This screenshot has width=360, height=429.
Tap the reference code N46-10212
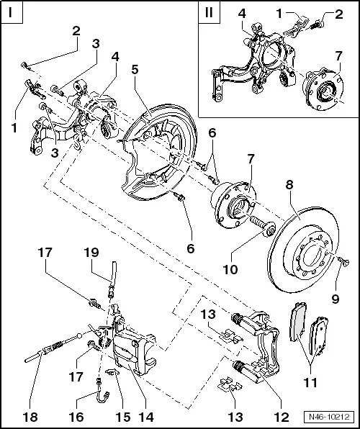pyautogui.click(x=333, y=417)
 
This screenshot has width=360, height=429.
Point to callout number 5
pyautogui.click(x=135, y=69)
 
